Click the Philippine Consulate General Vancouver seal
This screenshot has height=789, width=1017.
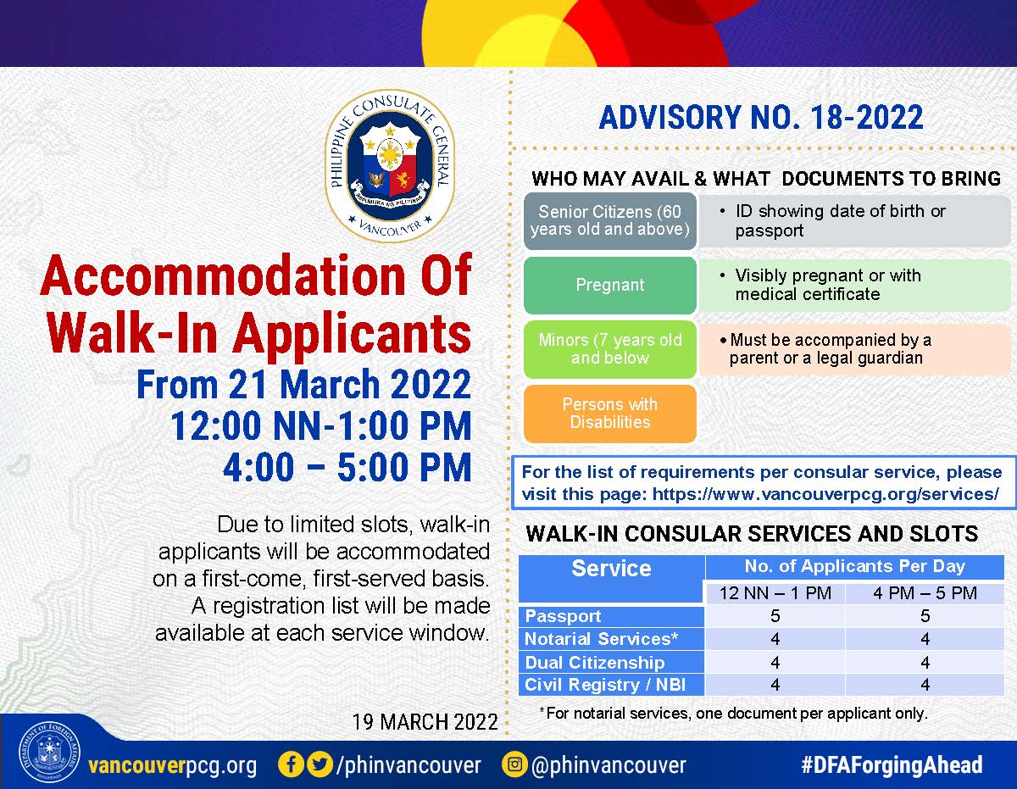(390, 165)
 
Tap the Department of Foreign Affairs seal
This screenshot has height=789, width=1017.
(49, 752)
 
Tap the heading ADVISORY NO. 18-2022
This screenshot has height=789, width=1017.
(761, 117)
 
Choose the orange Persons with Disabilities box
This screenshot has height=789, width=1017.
(610, 414)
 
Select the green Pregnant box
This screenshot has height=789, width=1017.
(610, 285)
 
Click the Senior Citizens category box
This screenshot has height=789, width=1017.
(610, 221)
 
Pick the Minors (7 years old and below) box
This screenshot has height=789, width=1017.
(610, 349)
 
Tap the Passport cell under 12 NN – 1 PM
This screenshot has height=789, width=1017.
(775, 616)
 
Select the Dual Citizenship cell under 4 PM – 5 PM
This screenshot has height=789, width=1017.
(925, 662)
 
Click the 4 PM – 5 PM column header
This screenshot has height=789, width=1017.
(925, 593)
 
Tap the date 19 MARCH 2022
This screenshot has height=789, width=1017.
(425, 721)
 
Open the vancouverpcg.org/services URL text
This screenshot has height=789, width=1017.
(825, 494)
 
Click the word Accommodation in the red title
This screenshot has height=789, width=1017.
(223, 276)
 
